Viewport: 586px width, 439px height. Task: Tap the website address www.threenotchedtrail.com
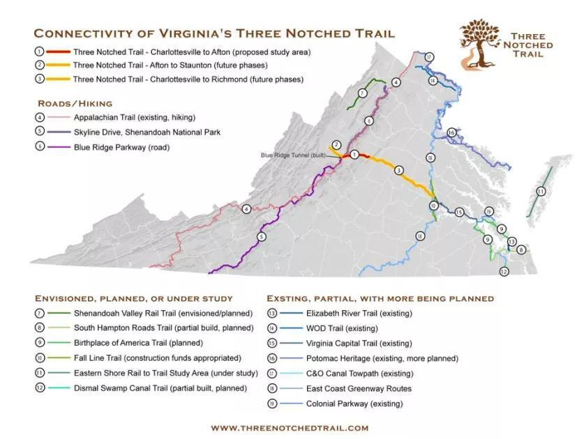(290, 428)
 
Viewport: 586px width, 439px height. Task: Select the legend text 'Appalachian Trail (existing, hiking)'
(134, 117)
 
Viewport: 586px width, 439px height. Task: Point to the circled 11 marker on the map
(541, 191)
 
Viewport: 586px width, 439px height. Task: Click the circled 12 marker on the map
(504, 271)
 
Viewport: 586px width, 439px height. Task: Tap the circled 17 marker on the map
(430, 57)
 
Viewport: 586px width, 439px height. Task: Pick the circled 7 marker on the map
(362, 93)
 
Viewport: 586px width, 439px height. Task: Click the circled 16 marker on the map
(451, 132)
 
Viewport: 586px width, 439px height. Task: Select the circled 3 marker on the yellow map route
(398, 170)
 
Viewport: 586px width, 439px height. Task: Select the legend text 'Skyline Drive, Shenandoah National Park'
(147, 132)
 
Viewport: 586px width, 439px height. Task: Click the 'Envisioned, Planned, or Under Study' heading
(133, 298)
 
